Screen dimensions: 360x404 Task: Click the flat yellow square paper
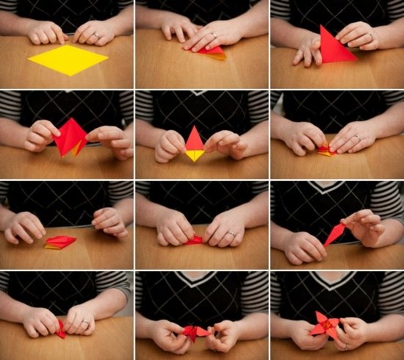pyautogui.click(x=68, y=60)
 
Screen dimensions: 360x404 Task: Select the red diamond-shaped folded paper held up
pyautogui.click(x=71, y=137)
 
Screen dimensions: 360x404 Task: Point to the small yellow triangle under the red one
pyautogui.click(x=195, y=155)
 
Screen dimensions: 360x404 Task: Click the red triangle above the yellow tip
pyautogui.click(x=195, y=139)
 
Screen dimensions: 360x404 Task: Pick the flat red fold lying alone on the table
pyautogui.click(x=60, y=242)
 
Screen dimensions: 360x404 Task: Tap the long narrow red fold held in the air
pyautogui.click(x=336, y=234)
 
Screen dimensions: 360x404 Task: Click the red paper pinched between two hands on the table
pyautogui.click(x=195, y=240)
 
